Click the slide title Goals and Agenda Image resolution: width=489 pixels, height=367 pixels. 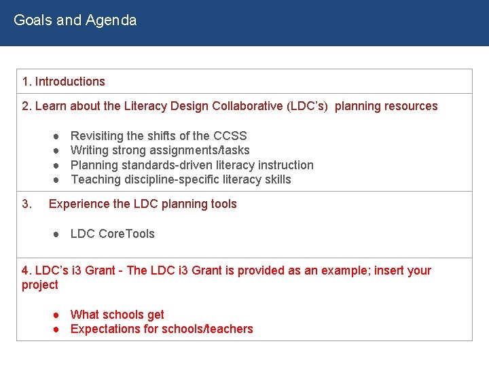tap(75, 20)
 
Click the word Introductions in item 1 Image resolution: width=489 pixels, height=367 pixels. tap(70, 82)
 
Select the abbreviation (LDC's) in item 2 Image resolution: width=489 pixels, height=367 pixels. tap(308, 106)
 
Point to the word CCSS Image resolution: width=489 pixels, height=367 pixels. tap(230, 136)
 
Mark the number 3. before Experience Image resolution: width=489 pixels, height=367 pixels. tap(27, 204)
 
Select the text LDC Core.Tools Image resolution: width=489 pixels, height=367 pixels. tap(112, 234)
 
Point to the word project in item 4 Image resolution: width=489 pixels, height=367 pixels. tap(40, 285)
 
